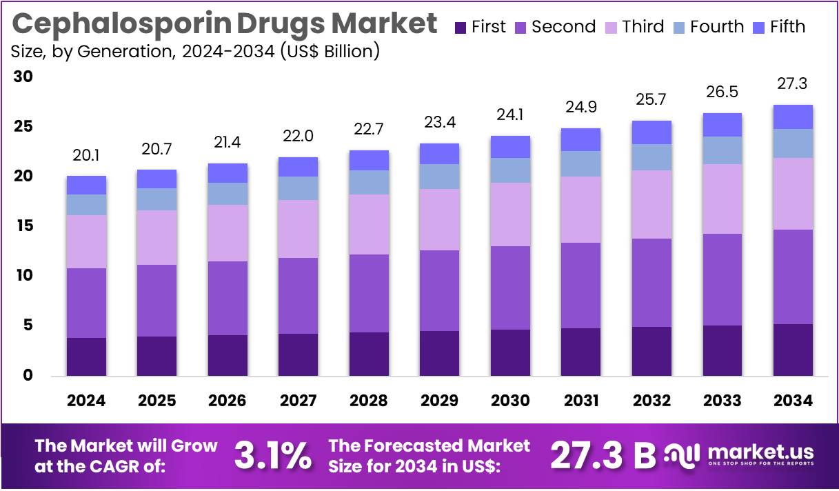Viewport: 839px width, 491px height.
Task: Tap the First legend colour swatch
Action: (461, 28)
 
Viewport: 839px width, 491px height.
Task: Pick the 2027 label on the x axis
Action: (299, 401)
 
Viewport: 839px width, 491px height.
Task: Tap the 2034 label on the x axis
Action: (793, 401)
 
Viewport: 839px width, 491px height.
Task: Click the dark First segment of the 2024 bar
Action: (86, 357)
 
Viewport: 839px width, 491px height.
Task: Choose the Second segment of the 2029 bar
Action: (439, 290)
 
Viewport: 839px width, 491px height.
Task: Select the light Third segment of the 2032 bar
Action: (651, 204)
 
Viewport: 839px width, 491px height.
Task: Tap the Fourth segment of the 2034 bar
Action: (793, 143)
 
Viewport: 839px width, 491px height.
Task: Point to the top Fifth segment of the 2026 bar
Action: (228, 173)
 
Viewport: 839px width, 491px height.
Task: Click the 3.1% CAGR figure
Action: (272, 456)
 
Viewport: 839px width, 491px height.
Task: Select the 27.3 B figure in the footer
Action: (603, 456)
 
